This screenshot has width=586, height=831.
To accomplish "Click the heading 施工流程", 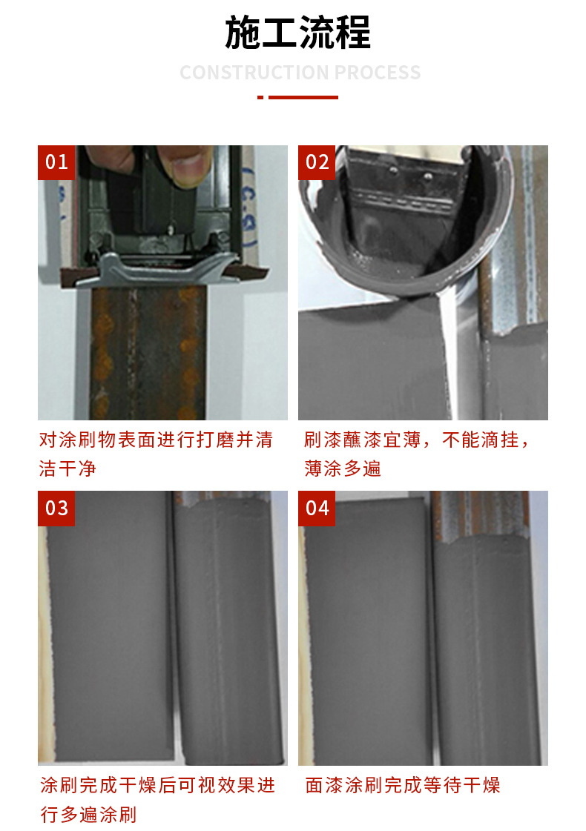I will pyautogui.click(x=297, y=33).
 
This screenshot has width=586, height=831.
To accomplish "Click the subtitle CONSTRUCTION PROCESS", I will pyautogui.click(x=300, y=73).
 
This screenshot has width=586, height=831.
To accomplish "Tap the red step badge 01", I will pyautogui.click(x=56, y=162).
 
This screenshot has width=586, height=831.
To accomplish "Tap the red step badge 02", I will pyautogui.click(x=317, y=162).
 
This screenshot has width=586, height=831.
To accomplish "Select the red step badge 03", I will pyautogui.click(x=56, y=508).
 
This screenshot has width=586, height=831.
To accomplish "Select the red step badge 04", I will pyautogui.click(x=317, y=508).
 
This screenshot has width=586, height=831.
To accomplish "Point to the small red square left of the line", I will pyautogui.click(x=260, y=97).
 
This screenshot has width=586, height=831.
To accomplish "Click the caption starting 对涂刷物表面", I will pyautogui.click(x=156, y=440).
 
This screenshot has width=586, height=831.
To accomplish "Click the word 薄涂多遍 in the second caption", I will pyautogui.click(x=342, y=469).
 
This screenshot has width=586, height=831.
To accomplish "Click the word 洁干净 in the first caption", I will pyautogui.click(x=68, y=469).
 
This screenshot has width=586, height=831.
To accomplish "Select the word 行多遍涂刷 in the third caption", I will pyautogui.click(x=88, y=815).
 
